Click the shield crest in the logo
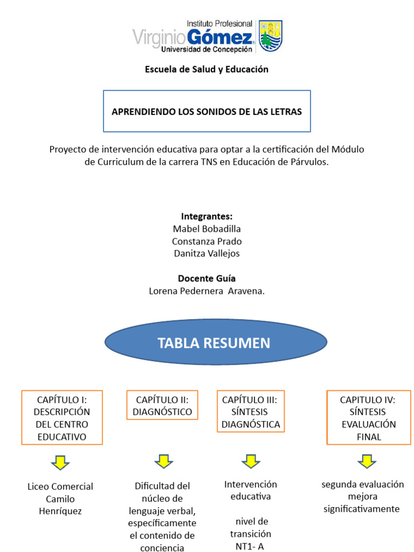click(271, 36)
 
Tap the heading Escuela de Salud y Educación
click(206, 69)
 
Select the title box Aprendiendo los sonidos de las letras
click(206, 112)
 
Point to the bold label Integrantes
click(206, 217)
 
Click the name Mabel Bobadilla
click(206, 229)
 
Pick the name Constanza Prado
click(206, 241)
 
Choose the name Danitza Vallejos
click(206, 253)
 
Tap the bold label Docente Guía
click(206, 279)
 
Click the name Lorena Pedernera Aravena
click(206, 291)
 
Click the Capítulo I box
click(61, 418)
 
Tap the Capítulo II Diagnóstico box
click(162, 406)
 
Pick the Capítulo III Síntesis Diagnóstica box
click(251, 412)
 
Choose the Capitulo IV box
click(368, 418)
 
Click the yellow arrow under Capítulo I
click(60, 462)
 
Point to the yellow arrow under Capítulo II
click(163, 461)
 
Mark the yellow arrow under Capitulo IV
click(367, 461)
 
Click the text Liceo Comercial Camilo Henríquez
click(60, 499)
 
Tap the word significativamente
click(362, 508)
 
